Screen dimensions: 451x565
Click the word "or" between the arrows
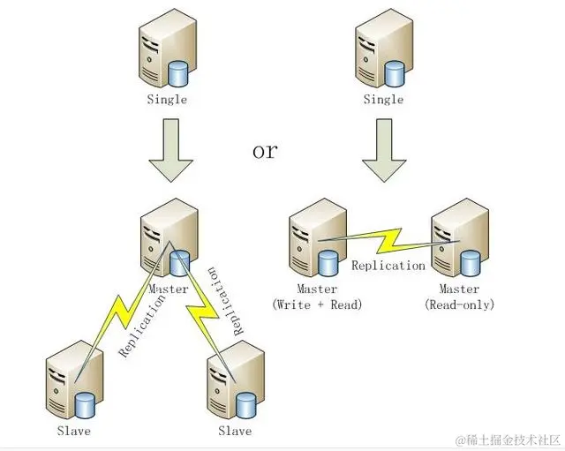pyautogui.click(x=264, y=150)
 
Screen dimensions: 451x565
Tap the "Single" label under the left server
pyautogui.click(x=167, y=100)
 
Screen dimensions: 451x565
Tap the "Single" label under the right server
pyautogui.click(x=384, y=100)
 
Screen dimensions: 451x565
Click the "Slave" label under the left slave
pyautogui.click(x=73, y=431)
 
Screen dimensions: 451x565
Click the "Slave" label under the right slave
pyautogui.click(x=235, y=431)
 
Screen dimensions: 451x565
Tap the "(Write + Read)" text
pyautogui.click(x=318, y=304)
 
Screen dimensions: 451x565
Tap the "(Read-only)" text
pyautogui.click(x=459, y=304)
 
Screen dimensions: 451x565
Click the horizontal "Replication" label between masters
pyautogui.click(x=388, y=265)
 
